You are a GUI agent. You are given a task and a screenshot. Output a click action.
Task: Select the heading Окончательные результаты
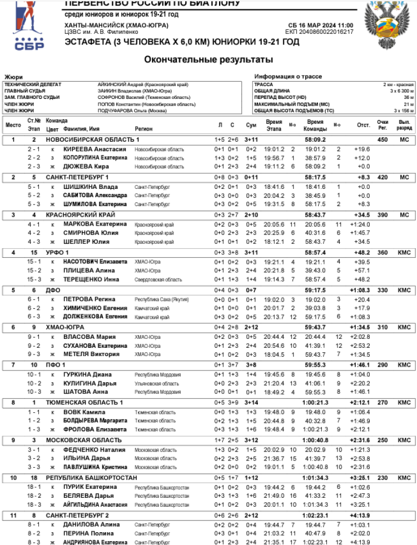click(x=209, y=59)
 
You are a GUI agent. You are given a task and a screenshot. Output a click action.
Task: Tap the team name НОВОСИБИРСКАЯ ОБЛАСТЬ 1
click(x=92, y=139)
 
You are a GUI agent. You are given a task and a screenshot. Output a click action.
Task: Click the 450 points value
click(x=382, y=139)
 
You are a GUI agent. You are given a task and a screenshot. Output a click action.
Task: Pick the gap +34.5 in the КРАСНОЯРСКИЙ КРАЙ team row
click(x=361, y=214)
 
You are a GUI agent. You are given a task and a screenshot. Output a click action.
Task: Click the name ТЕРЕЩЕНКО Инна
click(x=91, y=279)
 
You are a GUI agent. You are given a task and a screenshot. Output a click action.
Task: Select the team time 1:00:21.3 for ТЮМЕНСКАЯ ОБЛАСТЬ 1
click(x=315, y=402)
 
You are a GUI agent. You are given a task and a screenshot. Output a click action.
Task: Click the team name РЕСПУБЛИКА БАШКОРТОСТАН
click(x=91, y=477)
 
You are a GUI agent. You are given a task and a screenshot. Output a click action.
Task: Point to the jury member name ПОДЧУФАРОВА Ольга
click(x=132, y=111)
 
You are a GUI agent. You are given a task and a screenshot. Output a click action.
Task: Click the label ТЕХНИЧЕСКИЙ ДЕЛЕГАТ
click(x=33, y=84)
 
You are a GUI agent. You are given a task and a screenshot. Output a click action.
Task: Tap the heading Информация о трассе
click(x=288, y=77)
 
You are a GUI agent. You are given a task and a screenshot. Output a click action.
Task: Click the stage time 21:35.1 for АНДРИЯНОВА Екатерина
click(x=274, y=542)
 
